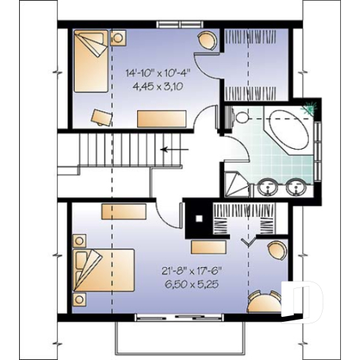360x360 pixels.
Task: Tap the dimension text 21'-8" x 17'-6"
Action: coord(189,271)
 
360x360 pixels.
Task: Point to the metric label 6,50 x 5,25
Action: coord(189,284)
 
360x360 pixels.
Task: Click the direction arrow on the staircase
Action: coord(172,148)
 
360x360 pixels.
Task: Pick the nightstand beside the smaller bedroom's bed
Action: coord(118,37)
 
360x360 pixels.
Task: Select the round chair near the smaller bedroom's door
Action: coord(207,40)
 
